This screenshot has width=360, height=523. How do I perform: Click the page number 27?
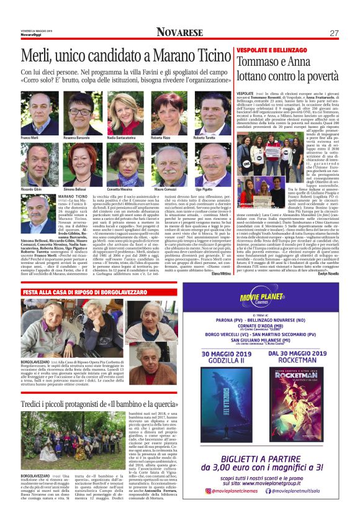tap(335, 32)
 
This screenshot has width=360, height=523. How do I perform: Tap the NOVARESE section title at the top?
tap(180, 32)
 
